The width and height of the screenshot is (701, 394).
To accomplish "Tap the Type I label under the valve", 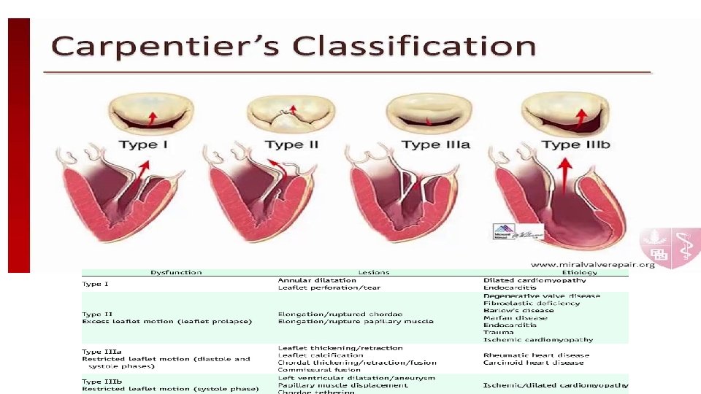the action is point(143,144).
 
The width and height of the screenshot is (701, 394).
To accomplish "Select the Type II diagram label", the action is point(291,144).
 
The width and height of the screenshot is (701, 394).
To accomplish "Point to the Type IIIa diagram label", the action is point(436,144).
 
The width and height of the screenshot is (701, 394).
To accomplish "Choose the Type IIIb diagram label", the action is point(576,144).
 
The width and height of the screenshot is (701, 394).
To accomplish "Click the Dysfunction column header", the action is point(176,273).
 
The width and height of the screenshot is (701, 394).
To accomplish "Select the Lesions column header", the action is point(374,273).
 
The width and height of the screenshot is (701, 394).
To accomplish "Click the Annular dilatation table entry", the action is point(317,280).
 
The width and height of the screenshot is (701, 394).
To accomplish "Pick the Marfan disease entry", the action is point(515,318).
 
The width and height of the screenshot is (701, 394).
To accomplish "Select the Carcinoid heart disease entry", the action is point(533,363).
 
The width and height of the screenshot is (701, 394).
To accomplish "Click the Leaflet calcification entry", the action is point(321,355).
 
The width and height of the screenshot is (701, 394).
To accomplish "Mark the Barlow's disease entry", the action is point(518,311).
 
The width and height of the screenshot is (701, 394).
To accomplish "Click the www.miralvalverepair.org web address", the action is point(592,264).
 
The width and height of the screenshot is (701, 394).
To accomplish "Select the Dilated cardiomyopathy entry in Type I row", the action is point(545,280).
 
